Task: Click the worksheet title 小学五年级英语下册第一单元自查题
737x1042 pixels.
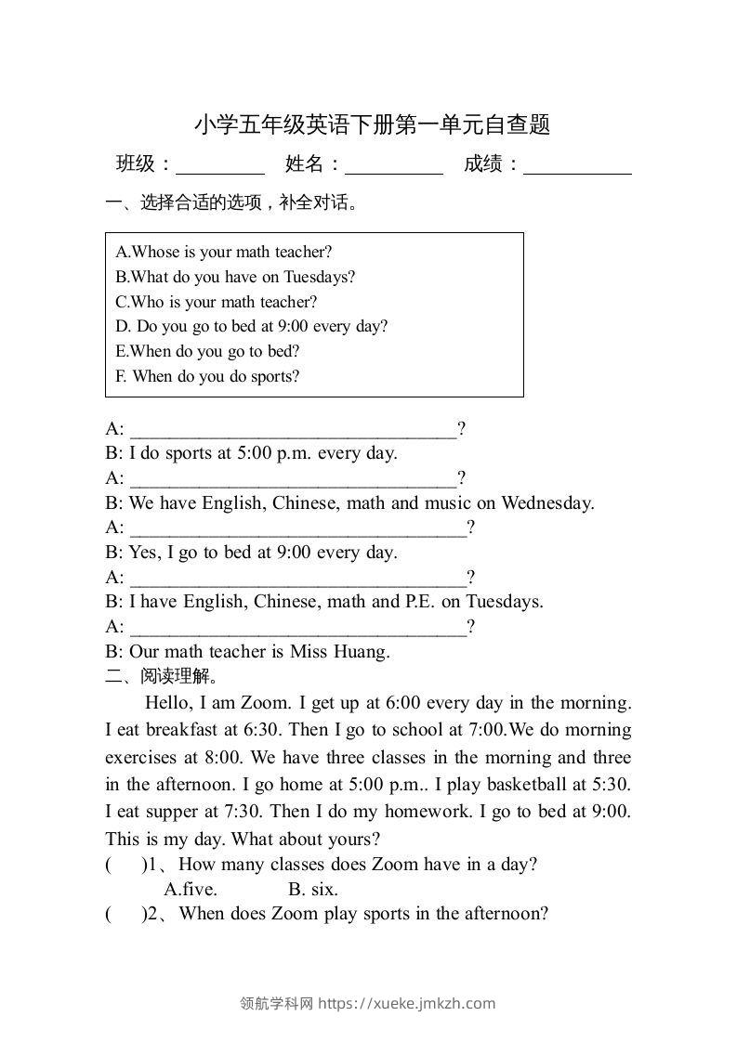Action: point(372,124)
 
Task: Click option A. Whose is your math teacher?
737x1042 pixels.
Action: point(224,252)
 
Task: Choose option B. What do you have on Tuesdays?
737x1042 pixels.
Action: point(235,277)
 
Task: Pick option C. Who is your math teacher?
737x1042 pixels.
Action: point(217,302)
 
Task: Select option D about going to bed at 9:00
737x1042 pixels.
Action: point(252,326)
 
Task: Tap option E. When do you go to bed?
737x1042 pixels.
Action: point(207,351)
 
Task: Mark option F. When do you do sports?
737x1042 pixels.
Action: point(207,376)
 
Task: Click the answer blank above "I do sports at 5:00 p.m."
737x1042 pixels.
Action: point(293,431)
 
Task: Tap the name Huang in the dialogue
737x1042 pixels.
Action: point(362,652)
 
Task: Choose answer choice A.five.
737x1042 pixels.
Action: point(191,889)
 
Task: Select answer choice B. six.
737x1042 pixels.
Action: point(313,889)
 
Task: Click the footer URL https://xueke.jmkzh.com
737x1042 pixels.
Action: point(407,1003)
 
